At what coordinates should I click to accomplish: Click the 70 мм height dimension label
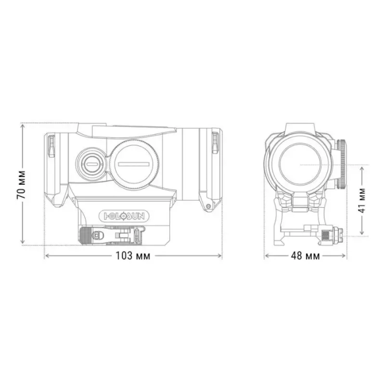[x=20, y=185]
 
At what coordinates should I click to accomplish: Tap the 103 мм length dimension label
[x=133, y=256]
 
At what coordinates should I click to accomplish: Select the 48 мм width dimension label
[x=305, y=256]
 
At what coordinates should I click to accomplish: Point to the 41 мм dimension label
[x=361, y=201]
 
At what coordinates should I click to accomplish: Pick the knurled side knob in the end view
[x=342, y=163]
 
